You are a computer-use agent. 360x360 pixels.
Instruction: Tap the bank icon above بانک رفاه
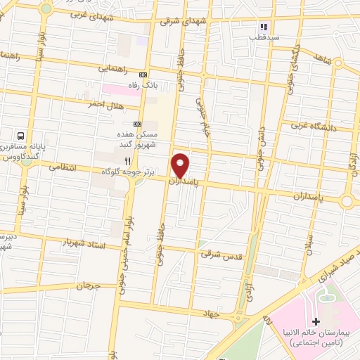(144, 75)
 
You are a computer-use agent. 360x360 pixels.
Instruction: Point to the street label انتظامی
(63, 169)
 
